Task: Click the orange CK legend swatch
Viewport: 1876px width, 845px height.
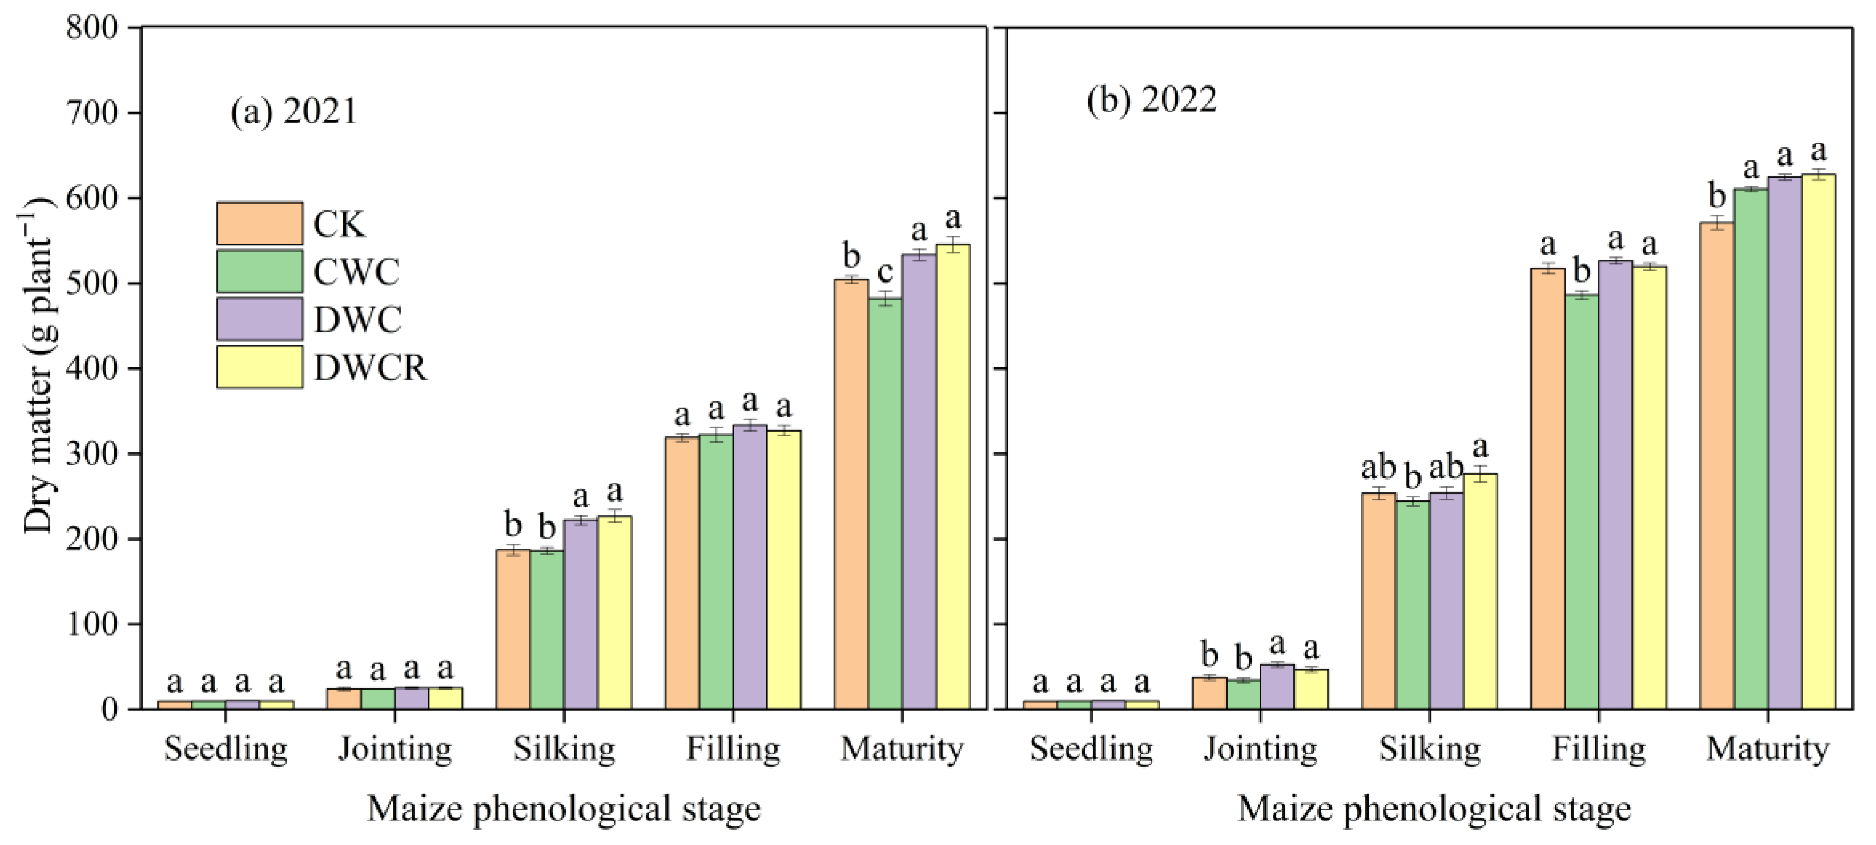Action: pos(259,224)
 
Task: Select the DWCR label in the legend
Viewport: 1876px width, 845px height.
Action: pos(370,368)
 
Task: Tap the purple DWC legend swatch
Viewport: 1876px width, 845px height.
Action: pos(259,319)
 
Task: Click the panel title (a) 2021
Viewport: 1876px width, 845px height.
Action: pos(294,112)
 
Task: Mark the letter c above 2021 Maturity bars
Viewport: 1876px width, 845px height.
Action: pos(885,272)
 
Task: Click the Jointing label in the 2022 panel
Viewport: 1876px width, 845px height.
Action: pos(1260,749)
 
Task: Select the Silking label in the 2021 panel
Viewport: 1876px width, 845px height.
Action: pos(564,749)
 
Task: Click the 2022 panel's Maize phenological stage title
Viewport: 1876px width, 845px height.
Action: pos(1433,809)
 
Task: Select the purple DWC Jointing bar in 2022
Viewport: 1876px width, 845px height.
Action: pos(1277,686)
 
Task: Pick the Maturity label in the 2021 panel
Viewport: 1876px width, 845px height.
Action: pos(901,749)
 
